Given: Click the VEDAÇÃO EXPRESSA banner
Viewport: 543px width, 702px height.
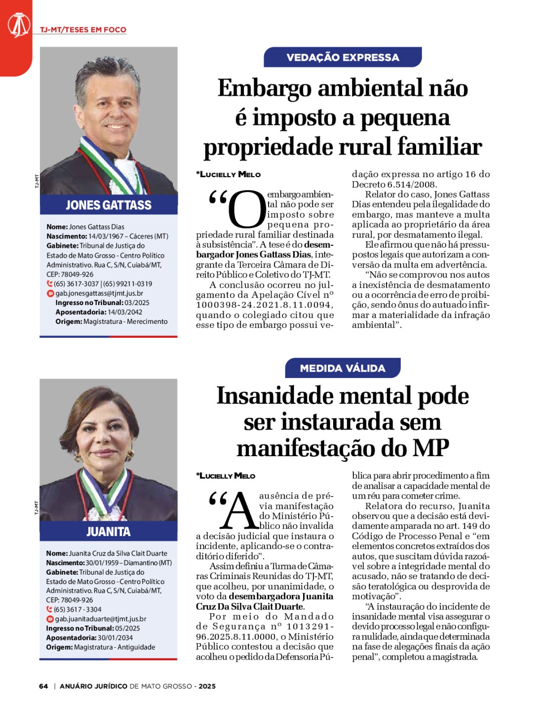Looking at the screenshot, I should pos(343,57).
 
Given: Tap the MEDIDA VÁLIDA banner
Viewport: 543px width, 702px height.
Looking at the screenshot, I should pos(343,368).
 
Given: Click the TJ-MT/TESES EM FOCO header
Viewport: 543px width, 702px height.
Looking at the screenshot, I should pos(83,30).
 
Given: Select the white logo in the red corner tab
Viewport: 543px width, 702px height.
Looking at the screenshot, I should pos(18,25).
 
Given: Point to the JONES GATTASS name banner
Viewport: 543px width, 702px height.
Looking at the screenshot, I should pos(109,205).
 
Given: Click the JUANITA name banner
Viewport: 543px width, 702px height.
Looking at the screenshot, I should pos(109,532).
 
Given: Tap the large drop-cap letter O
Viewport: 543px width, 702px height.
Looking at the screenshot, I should pos(247,210).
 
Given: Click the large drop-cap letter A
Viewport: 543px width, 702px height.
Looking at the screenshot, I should pos(239,510).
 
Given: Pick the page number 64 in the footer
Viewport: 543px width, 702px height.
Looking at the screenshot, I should pos(43,686).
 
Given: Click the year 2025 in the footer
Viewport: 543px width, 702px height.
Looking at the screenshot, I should pos(207,686).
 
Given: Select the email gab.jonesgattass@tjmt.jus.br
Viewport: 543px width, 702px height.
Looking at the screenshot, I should pos(99,293).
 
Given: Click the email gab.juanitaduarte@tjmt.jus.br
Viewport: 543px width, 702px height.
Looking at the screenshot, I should pos(100,619).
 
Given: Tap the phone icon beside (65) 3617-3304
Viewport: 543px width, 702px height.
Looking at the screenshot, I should pos(49,610).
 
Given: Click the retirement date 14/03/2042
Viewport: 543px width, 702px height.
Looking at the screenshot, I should pos(125,312).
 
